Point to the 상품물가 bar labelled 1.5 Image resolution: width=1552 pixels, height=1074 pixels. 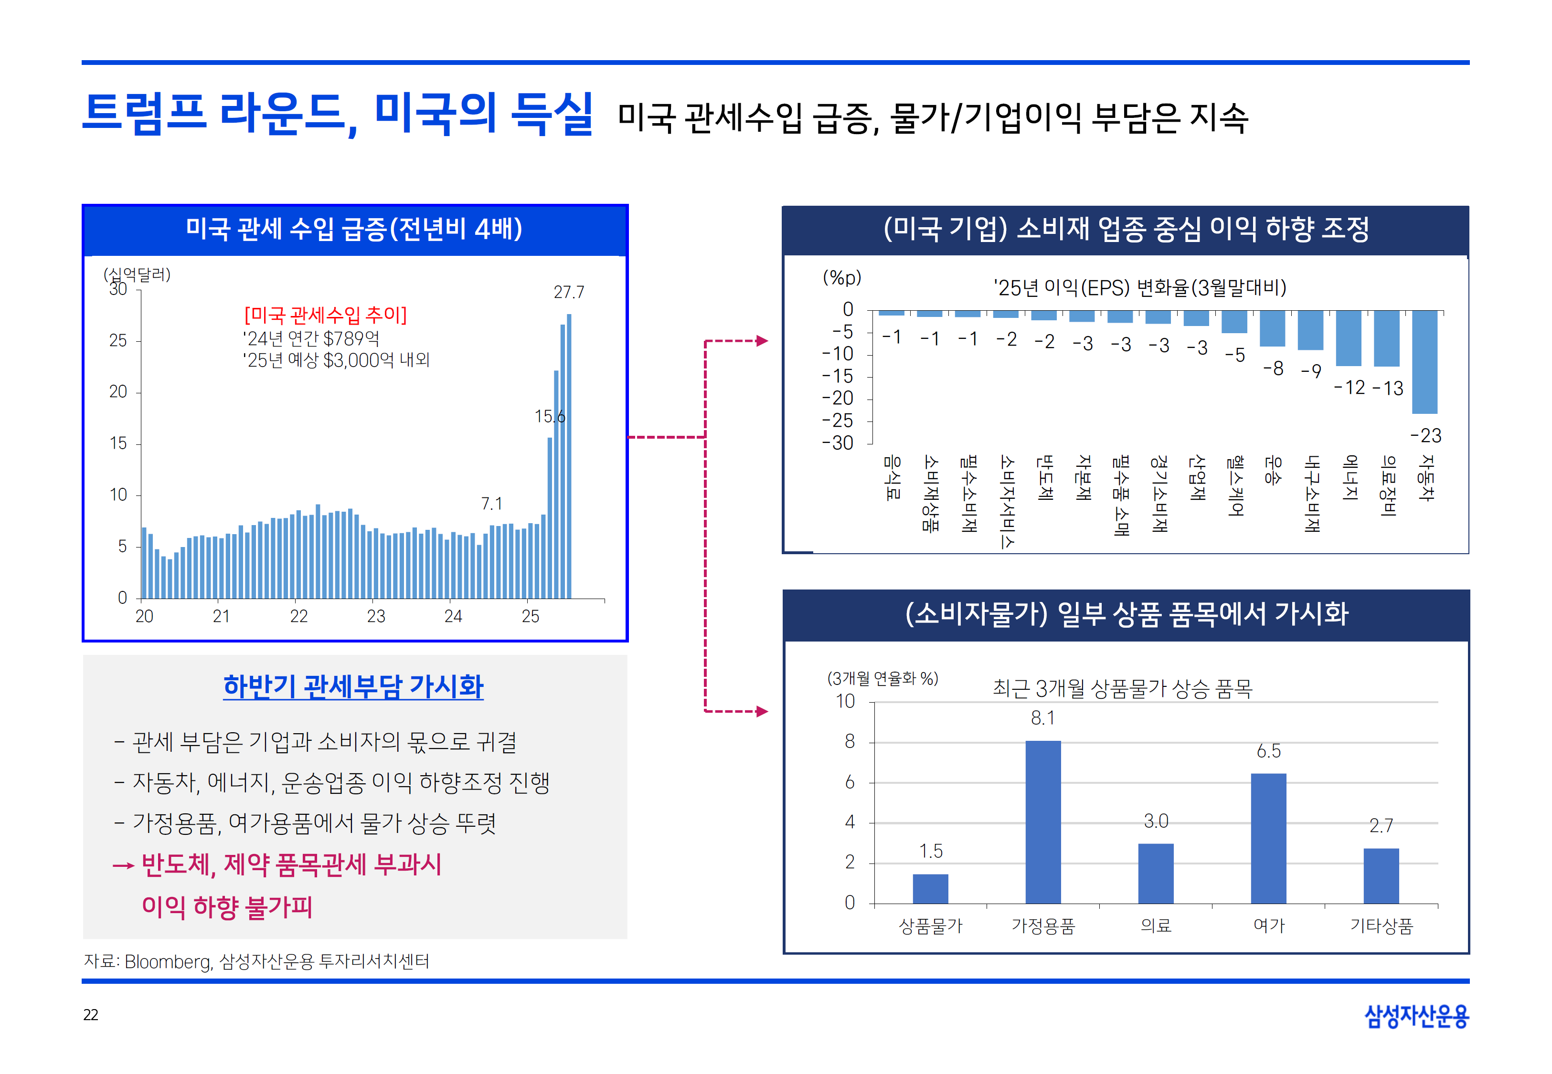(x=930, y=888)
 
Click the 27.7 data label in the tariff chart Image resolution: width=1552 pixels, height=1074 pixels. (x=569, y=292)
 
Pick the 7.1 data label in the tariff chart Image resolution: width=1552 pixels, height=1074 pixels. (x=491, y=504)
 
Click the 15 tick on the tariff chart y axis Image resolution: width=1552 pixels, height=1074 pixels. (x=118, y=443)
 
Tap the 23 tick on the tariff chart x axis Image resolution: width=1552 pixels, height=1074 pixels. (x=375, y=616)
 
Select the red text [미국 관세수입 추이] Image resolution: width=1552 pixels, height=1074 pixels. (x=326, y=315)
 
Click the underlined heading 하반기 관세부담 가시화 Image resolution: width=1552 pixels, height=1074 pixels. (x=353, y=686)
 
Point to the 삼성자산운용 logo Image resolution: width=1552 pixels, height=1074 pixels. (x=1416, y=1015)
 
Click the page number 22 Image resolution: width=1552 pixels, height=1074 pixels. (x=91, y=1015)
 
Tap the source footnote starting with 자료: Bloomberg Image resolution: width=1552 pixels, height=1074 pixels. (x=256, y=961)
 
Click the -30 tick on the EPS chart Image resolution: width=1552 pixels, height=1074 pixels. (x=838, y=443)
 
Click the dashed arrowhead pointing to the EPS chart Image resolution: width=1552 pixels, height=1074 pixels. (x=761, y=340)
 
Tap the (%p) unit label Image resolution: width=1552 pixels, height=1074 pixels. (x=842, y=277)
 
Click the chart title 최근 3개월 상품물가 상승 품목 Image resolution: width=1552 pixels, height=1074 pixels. (x=1122, y=688)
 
